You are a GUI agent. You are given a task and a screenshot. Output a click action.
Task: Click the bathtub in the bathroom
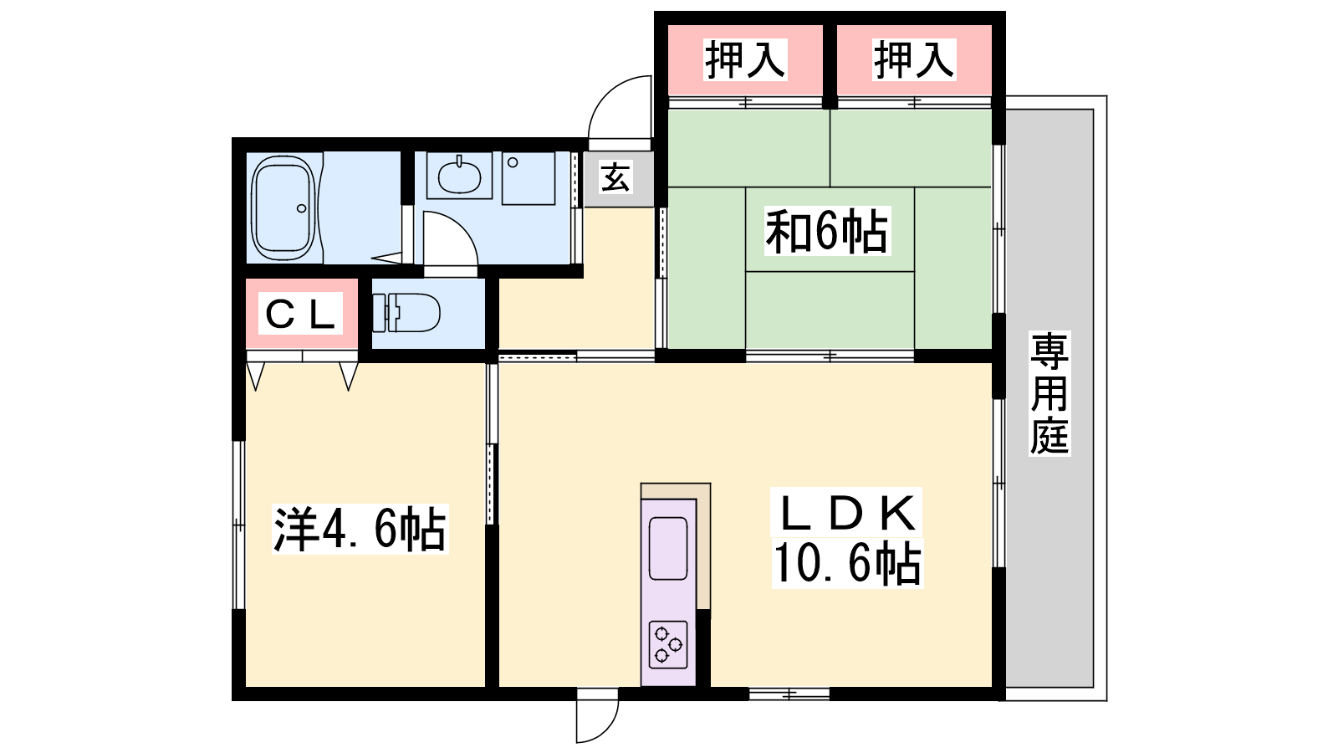283,207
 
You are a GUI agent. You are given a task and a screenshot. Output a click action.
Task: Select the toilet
406,313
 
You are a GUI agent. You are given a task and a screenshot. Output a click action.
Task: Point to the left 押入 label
744,59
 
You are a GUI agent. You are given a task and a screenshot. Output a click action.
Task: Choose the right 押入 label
913,59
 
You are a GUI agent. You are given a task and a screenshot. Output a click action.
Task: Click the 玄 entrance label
615,177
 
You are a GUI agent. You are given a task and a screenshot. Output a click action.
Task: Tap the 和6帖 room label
827,231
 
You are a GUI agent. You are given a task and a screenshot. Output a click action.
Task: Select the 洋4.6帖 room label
360,530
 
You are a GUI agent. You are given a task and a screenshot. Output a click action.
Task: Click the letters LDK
847,513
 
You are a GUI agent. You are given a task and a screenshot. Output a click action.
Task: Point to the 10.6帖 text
847,562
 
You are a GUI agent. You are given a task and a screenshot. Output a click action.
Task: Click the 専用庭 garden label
1049,394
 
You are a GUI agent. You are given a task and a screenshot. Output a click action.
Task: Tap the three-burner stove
668,645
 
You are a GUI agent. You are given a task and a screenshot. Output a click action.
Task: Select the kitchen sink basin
668,549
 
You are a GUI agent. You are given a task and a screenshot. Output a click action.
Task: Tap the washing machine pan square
528,178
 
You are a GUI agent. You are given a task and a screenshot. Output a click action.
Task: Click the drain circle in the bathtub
302,208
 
